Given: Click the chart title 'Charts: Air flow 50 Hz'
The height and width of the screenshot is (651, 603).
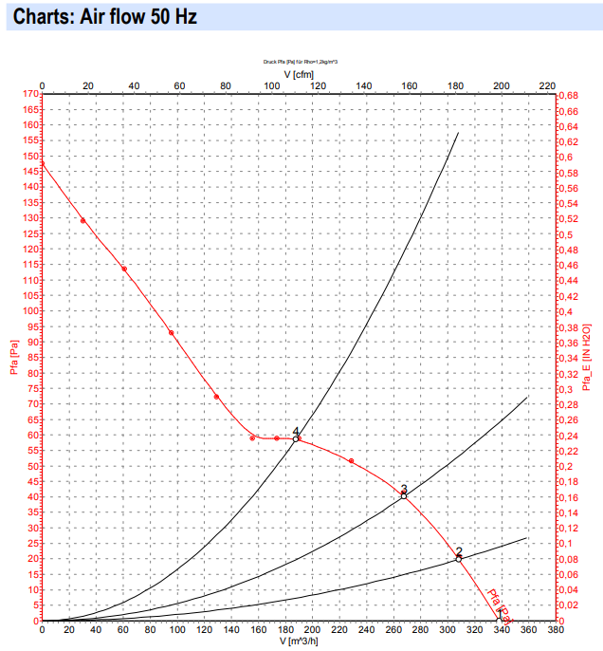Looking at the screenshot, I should click(105, 16).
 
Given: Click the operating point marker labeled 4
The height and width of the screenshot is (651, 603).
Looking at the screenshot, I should click(297, 438).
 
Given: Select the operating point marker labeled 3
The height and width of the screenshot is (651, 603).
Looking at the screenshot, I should click(404, 495).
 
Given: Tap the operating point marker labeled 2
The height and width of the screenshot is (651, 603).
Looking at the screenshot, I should click(459, 558).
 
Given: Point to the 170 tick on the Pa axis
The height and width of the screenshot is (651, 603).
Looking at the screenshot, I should click(30, 94).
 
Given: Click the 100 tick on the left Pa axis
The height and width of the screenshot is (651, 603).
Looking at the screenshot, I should click(30, 310).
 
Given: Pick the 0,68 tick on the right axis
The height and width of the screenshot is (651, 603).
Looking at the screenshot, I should click(568, 95).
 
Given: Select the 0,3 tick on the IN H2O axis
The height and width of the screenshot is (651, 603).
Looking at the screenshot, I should click(565, 389).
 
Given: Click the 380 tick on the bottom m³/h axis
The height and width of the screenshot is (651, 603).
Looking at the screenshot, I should click(556, 630).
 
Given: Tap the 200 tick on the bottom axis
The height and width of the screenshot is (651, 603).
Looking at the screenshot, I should click(312, 630).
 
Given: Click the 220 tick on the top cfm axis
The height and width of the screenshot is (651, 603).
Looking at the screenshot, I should click(546, 86).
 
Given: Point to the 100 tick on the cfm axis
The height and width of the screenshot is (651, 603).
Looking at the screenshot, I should click(272, 86).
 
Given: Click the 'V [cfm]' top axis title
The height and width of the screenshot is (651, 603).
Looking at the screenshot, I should click(299, 74).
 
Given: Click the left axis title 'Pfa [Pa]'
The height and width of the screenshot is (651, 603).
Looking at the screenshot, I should click(14, 359).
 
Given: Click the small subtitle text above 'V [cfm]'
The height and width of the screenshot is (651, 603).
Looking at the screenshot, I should click(301, 62).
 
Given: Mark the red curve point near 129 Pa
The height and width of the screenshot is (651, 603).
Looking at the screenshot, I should click(82, 221).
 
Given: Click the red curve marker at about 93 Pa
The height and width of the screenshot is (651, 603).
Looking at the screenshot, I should click(172, 332).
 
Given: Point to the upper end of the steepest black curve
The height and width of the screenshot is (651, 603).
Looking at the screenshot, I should click(458, 132).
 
